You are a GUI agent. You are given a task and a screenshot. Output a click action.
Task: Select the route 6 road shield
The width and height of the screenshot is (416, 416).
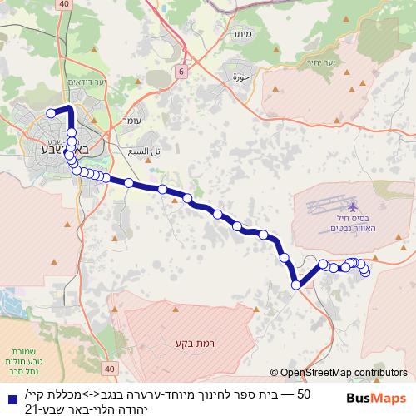[180, 73]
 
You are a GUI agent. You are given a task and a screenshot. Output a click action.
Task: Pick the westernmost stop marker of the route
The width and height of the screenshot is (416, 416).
[51, 113]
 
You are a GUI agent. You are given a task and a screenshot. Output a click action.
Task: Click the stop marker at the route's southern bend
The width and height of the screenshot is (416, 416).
[295, 285]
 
